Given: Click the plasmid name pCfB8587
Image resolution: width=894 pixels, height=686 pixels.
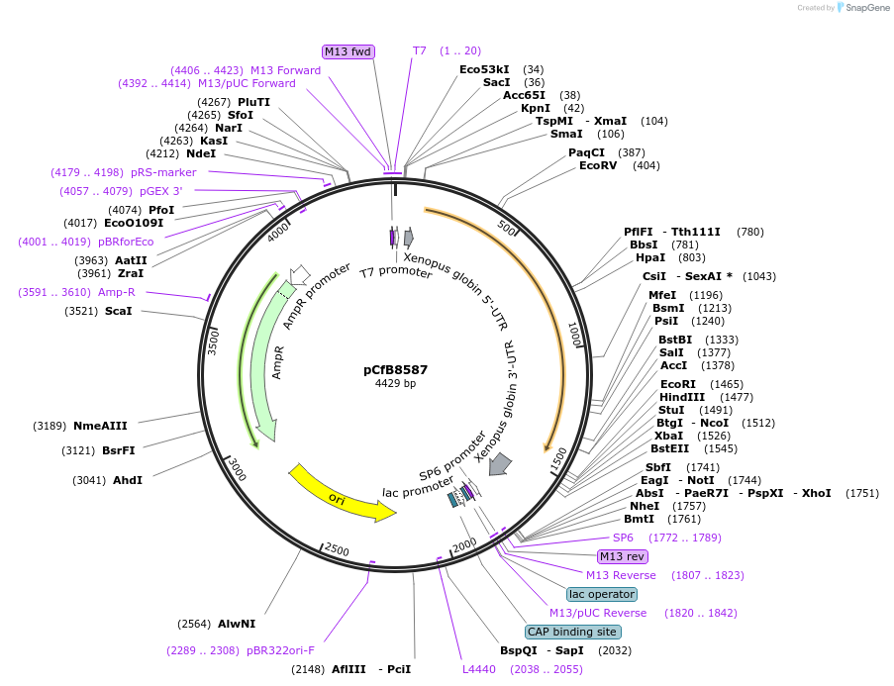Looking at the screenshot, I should pos(395,369).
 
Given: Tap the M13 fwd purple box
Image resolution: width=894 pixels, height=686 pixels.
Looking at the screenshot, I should pos(348,50).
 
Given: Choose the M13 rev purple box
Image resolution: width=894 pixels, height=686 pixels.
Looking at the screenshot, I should pos(622,556).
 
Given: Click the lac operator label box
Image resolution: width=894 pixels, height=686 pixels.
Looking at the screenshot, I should pos(601,594).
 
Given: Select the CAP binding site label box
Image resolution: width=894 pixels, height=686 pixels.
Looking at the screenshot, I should pos(572,632).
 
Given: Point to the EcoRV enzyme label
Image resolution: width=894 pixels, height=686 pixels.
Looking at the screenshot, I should pos(598,165).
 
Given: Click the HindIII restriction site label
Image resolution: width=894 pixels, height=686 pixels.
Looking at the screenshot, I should pos(681,397).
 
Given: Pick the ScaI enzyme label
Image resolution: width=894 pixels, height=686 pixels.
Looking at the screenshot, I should pos(118,311).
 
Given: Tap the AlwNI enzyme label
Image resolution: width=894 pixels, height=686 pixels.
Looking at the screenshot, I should pos(237,624).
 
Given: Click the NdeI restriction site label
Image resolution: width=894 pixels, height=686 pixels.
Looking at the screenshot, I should pos(201,153).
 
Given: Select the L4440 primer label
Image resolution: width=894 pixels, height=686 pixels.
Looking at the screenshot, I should pos(478,669).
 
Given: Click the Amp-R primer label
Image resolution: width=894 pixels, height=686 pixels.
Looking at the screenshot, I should pos(117,292).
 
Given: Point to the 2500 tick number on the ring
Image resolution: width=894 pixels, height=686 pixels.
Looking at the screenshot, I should pos(338,549).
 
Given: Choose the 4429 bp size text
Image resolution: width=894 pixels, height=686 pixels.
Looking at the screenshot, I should pos(395,384).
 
